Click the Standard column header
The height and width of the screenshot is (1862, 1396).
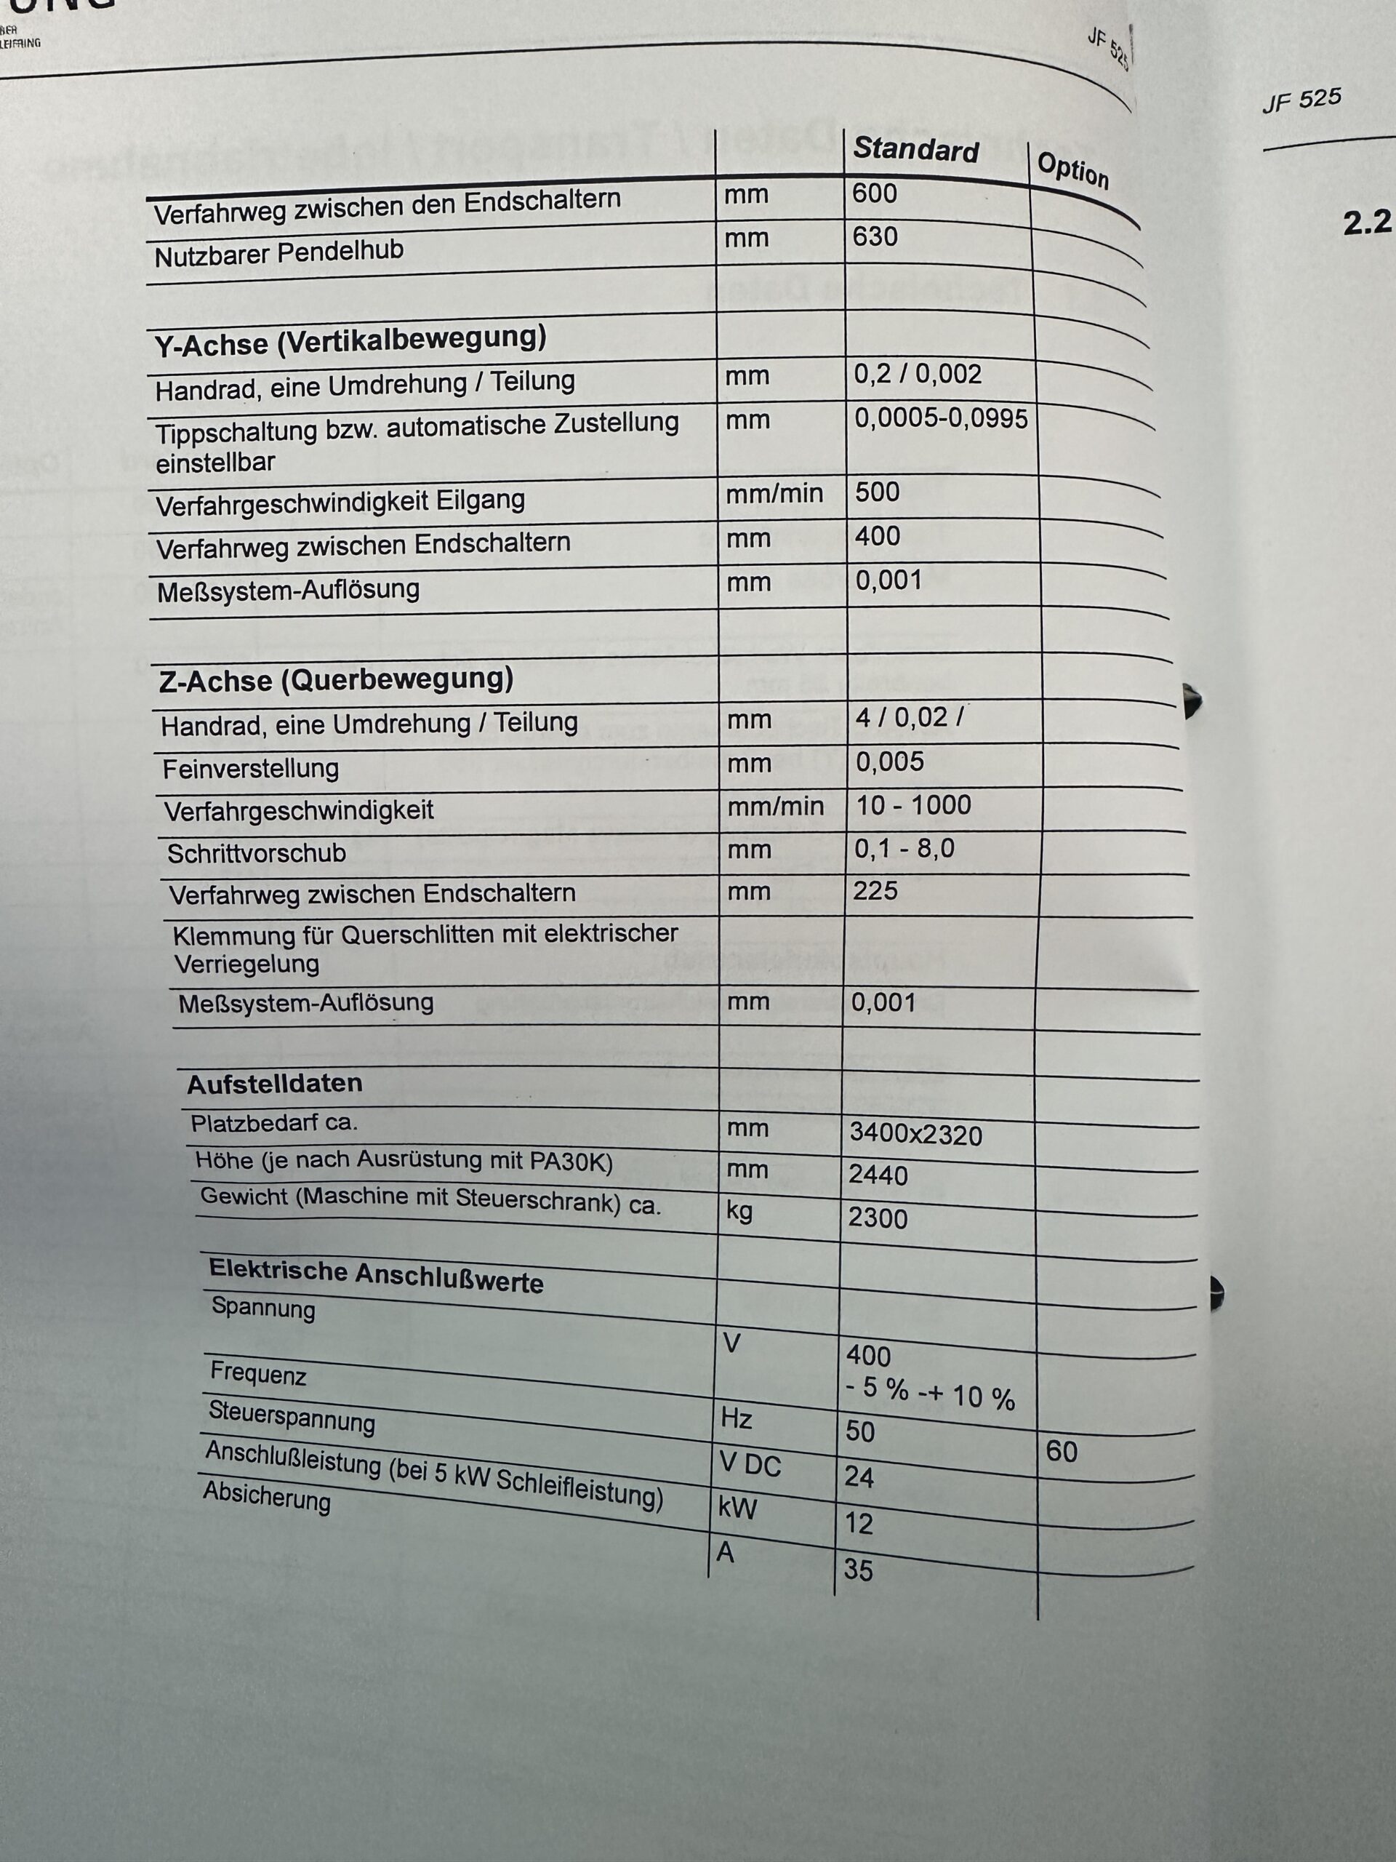(x=915, y=150)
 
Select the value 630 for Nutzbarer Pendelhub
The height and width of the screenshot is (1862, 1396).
(x=875, y=236)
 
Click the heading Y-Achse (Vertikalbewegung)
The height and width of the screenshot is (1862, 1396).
(x=350, y=340)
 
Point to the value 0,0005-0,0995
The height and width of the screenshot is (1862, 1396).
(x=941, y=417)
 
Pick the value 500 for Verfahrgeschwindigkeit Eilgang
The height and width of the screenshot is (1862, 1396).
(x=877, y=492)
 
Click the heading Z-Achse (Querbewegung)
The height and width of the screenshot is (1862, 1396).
(x=336, y=679)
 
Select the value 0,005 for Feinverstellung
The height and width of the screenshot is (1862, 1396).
(x=889, y=762)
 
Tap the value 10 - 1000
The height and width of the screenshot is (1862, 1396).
(x=913, y=804)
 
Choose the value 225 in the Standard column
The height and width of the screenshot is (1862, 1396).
(x=875, y=890)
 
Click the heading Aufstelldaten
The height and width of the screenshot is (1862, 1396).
(x=274, y=1083)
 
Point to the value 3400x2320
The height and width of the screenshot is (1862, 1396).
(x=915, y=1135)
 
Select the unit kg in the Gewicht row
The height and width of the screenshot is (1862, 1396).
(x=739, y=1210)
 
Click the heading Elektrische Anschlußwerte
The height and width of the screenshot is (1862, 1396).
(x=376, y=1276)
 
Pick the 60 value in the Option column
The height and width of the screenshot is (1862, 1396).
(x=1061, y=1450)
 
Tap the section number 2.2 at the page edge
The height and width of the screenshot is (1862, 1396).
(x=1366, y=223)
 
